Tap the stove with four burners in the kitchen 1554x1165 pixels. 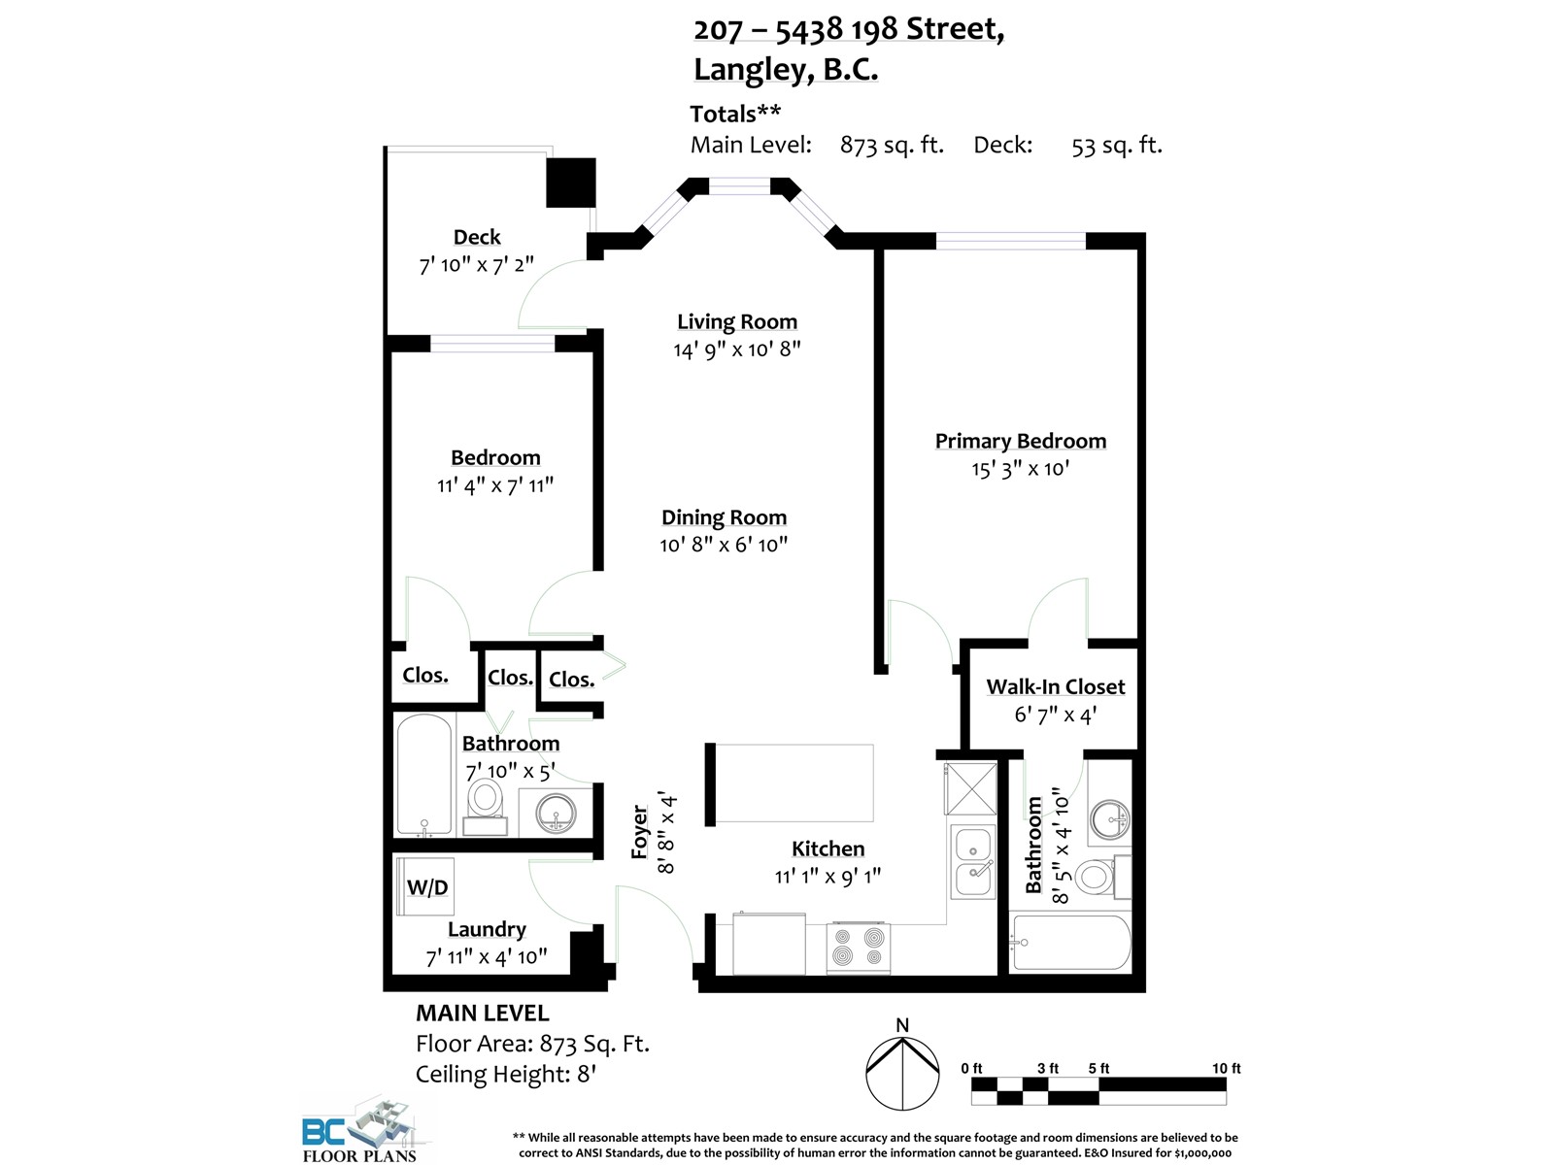(x=859, y=948)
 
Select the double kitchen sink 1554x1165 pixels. (x=973, y=862)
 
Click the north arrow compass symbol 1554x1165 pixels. (x=902, y=1072)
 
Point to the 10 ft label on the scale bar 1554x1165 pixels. (x=1226, y=1068)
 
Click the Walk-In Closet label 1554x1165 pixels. (x=1055, y=687)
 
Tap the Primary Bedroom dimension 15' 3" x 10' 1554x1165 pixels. (x=1020, y=469)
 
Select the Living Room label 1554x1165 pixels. (x=737, y=322)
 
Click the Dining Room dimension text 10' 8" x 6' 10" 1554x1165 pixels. (x=724, y=545)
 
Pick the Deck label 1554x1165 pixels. (x=477, y=237)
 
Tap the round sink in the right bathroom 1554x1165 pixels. (x=1109, y=818)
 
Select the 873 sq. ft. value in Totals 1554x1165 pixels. (x=892, y=146)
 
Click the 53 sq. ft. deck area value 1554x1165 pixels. (x=1116, y=146)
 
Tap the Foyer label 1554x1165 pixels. (x=639, y=831)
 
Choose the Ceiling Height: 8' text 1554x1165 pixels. (x=505, y=1075)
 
